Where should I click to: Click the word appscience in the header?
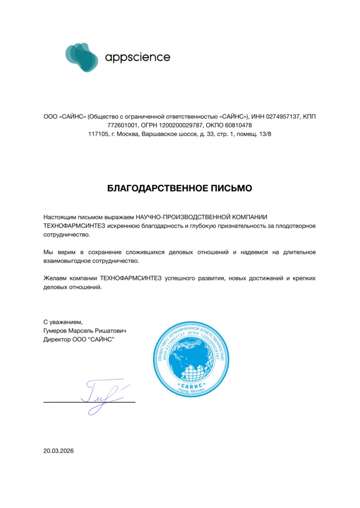(137, 57)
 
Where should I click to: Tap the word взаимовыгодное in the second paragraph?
(65, 261)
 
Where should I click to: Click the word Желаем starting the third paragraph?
(55, 278)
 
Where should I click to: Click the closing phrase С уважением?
(63, 322)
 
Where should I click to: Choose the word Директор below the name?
(56, 339)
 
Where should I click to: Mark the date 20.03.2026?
(59, 451)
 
